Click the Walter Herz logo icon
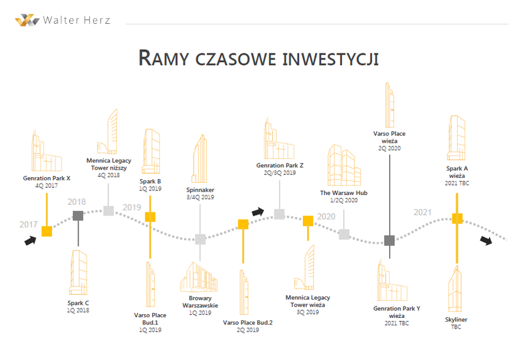pos(27,20)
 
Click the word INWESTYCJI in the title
pos(331,58)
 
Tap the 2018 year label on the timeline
pos(77,202)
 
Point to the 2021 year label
pos(422,212)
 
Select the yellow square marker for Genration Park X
pos(47,231)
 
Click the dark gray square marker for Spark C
pos(78,215)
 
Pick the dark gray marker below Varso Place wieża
pos(390,240)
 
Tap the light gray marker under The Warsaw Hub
pos(344,234)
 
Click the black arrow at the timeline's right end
pos(486,241)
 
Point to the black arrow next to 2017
pos(30,241)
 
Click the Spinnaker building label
pos(200,190)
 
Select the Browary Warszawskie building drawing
pos(199,277)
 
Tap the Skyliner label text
pos(456,319)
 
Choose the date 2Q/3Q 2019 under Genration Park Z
pos(280,173)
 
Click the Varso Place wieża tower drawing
pos(389,105)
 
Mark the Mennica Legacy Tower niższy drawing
pos(107,131)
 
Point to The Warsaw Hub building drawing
pos(344,165)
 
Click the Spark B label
pos(150,182)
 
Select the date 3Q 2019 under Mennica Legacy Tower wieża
pos(307,312)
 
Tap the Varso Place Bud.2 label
pos(248,322)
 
